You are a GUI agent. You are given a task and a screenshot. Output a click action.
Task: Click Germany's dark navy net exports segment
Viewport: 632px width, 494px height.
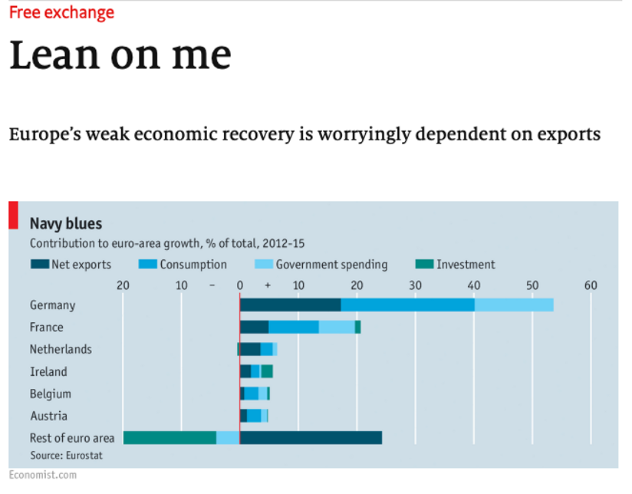click(x=290, y=305)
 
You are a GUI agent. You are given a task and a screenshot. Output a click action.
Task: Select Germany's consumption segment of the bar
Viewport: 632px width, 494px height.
click(x=407, y=305)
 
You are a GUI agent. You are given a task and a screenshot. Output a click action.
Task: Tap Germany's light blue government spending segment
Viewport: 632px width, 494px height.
click(x=514, y=305)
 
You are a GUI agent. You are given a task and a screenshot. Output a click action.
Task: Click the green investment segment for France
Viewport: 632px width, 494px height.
click(x=358, y=328)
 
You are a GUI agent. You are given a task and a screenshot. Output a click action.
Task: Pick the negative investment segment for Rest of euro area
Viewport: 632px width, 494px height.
click(x=170, y=438)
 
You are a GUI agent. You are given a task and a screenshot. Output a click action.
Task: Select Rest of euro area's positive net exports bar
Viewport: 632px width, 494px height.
click(x=311, y=438)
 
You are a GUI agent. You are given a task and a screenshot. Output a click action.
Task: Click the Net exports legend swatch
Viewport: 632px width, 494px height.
click(x=40, y=265)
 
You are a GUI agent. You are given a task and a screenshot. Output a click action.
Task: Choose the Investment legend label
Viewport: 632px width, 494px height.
click(x=466, y=265)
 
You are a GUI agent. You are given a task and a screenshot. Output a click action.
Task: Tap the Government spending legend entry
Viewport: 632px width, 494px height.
click(x=331, y=265)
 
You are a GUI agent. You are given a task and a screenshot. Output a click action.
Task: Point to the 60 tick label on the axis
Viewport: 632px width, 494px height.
click(x=591, y=285)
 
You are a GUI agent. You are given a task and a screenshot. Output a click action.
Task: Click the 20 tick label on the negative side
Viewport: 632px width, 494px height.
click(x=123, y=285)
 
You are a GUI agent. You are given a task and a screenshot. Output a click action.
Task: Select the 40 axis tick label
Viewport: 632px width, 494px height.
click(x=473, y=285)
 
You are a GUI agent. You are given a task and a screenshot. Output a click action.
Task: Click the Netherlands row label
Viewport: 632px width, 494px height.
click(x=61, y=350)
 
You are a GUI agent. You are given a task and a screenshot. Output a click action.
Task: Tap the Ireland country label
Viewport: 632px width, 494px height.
click(x=48, y=372)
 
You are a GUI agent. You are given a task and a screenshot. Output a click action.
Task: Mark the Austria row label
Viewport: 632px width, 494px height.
click(x=48, y=416)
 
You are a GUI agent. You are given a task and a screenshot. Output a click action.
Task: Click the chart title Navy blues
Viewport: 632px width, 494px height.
click(x=66, y=224)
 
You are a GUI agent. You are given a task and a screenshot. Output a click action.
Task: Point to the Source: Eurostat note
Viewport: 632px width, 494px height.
click(x=66, y=455)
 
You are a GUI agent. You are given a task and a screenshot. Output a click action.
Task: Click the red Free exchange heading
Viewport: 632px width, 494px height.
click(x=61, y=13)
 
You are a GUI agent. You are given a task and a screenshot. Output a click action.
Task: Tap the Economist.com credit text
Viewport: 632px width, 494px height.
click(x=43, y=475)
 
